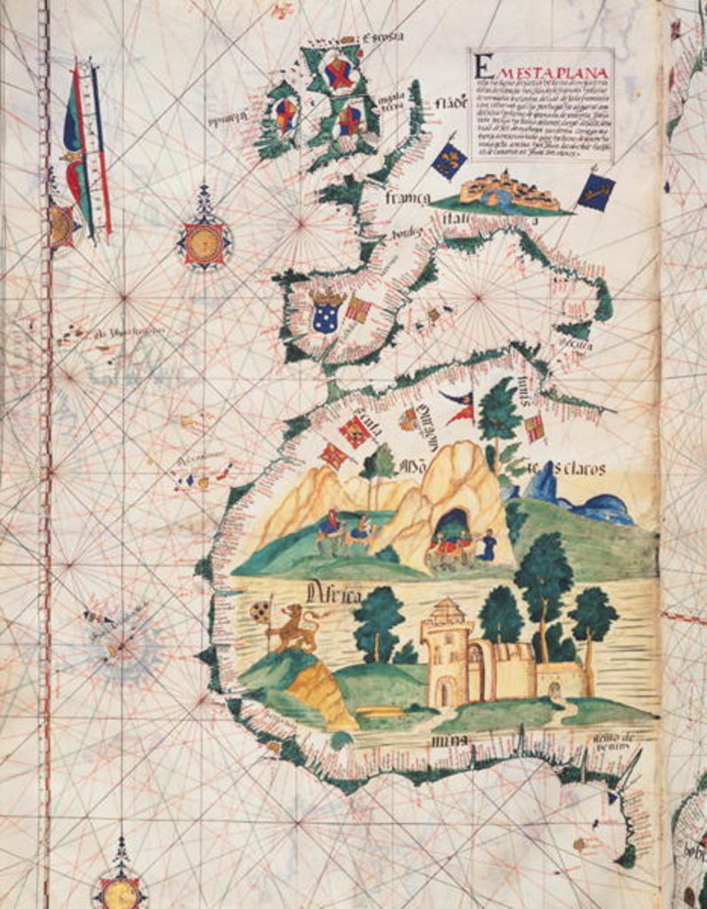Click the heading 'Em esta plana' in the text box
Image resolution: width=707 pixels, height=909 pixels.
coord(543,67)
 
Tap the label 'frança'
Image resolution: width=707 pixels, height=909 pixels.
coord(407,197)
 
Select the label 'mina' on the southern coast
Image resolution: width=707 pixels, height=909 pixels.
coord(443,739)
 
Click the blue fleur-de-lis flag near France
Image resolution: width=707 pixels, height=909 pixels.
coord(449,161)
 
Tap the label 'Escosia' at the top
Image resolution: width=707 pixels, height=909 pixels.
coord(382,36)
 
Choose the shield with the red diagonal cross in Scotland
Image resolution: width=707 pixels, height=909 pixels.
coord(338,73)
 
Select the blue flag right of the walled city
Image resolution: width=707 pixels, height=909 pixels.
coord(595,192)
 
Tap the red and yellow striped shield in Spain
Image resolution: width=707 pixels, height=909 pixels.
coord(357,308)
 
